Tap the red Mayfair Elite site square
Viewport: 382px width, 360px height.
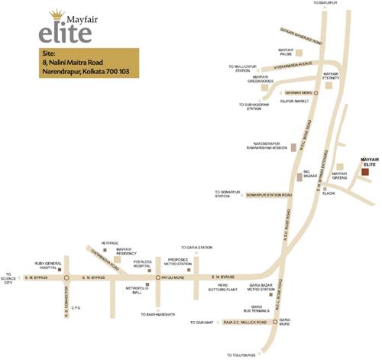tap(364, 173)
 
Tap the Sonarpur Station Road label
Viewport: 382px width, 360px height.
tap(270, 195)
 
